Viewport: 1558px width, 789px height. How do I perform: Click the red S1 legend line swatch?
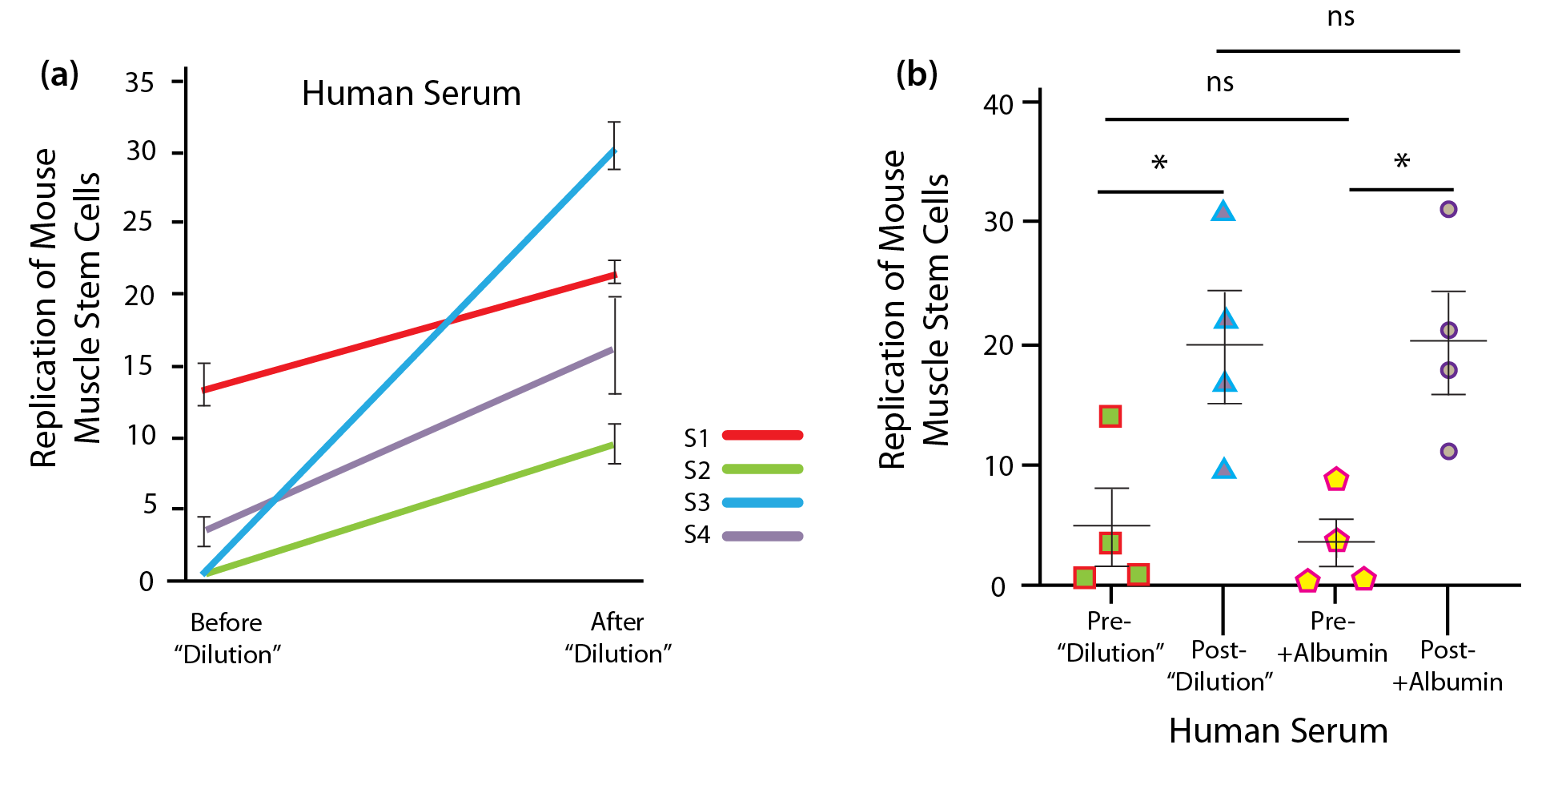(x=762, y=435)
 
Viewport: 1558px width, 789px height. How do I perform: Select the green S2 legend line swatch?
(x=762, y=469)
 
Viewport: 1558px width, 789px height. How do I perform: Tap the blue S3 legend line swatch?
(x=762, y=502)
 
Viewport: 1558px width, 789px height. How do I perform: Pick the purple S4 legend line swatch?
(x=762, y=536)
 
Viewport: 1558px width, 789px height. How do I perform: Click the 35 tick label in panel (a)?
(x=139, y=82)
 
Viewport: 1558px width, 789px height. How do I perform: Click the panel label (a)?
(x=59, y=74)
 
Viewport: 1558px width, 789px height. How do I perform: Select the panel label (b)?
(x=916, y=74)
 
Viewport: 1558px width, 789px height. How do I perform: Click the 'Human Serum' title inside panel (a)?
(x=411, y=94)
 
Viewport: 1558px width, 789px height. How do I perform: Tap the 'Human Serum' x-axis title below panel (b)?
(x=1278, y=731)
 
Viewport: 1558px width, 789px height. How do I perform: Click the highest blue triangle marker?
(x=1223, y=211)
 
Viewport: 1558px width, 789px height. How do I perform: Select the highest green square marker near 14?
(x=1110, y=416)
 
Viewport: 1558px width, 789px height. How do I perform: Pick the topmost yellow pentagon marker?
(x=1335, y=480)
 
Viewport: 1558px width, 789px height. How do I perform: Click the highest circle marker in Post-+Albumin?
(x=1448, y=210)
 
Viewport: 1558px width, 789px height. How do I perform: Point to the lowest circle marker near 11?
(x=1448, y=452)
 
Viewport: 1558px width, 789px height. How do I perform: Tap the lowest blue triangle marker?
(x=1223, y=469)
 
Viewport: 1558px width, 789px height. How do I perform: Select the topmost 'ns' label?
(x=1340, y=17)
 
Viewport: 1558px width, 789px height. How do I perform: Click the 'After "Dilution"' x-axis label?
(x=617, y=638)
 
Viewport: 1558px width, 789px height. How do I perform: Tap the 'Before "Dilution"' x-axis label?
(x=227, y=638)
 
